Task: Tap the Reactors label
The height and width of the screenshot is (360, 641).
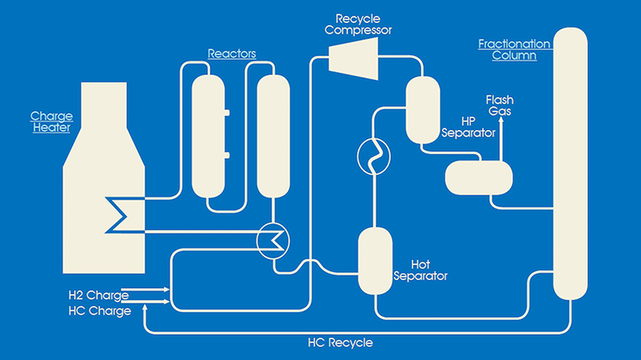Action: click(231, 54)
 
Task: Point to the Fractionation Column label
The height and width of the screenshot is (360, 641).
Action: click(508, 50)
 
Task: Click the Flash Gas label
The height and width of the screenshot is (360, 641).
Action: click(500, 105)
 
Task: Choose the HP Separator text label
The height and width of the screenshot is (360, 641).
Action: click(468, 127)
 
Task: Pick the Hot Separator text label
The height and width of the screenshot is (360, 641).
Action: click(419, 269)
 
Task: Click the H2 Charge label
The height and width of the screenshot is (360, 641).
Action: click(98, 295)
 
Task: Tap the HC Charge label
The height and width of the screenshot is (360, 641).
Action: click(99, 311)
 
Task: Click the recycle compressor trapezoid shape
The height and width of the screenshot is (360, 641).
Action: click(352, 57)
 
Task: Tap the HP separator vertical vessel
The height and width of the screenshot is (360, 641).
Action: click(421, 109)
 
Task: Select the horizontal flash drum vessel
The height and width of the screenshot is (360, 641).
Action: click(478, 178)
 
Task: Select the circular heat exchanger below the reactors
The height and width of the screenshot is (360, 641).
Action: click(272, 239)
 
